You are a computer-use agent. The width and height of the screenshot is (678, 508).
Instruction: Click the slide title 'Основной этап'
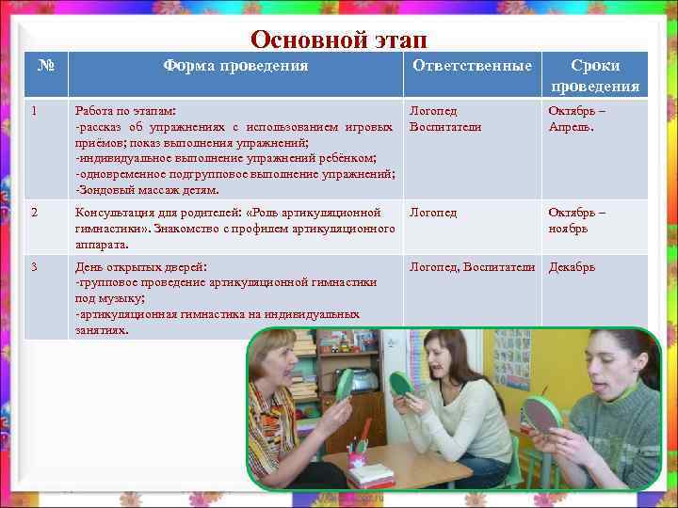click(338, 40)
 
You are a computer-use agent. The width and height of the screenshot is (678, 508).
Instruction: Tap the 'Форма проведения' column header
click(235, 66)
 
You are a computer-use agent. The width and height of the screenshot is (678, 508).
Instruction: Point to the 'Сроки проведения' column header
click(595, 76)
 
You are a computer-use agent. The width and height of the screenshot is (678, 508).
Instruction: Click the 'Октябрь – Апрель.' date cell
click(578, 118)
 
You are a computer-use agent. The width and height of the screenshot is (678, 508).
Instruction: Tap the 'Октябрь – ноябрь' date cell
click(578, 220)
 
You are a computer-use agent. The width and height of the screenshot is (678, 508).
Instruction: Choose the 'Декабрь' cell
click(572, 267)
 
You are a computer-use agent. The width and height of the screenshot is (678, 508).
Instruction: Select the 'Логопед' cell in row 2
click(433, 213)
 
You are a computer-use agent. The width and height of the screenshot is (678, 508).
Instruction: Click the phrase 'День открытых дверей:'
click(141, 267)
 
